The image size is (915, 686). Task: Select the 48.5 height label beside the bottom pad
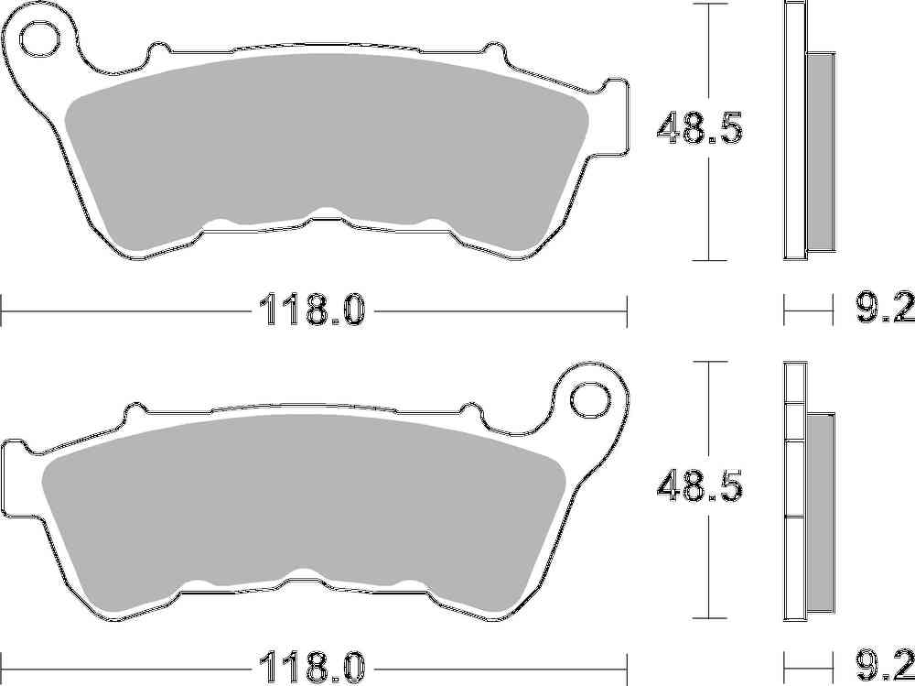point(699,487)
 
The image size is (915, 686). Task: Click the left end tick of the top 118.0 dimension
point(2,310)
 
